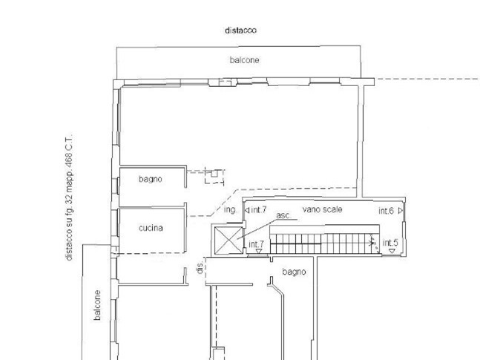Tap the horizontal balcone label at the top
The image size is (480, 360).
243,60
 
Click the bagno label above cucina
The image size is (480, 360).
150,180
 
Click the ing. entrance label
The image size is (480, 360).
230,210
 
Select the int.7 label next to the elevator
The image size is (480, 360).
256,244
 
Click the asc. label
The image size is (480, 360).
283,216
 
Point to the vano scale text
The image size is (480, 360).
322,210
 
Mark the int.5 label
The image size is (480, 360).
389,243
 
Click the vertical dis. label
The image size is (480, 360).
200,269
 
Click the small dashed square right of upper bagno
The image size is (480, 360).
214,175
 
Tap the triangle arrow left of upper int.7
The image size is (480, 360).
247,210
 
